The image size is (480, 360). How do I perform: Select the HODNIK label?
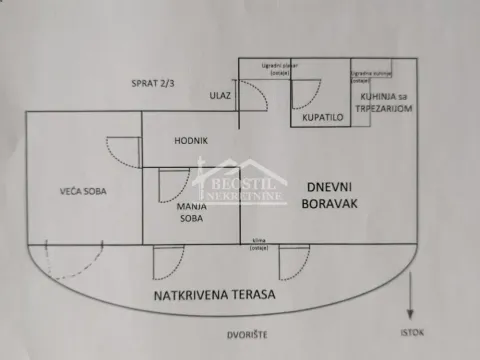click(190, 141)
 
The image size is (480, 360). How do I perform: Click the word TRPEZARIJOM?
click(373, 107)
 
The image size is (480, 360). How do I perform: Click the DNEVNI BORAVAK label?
click(328, 194)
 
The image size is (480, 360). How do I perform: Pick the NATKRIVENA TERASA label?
click(213, 297)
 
